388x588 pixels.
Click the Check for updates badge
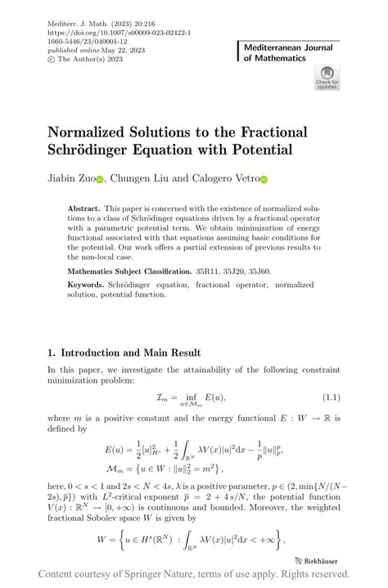click(327, 79)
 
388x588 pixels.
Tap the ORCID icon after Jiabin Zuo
click(99, 179)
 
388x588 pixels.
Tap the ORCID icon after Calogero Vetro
click(264, 179)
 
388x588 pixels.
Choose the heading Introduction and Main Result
click(130, 352)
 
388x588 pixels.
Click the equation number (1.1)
click(329, 397)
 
